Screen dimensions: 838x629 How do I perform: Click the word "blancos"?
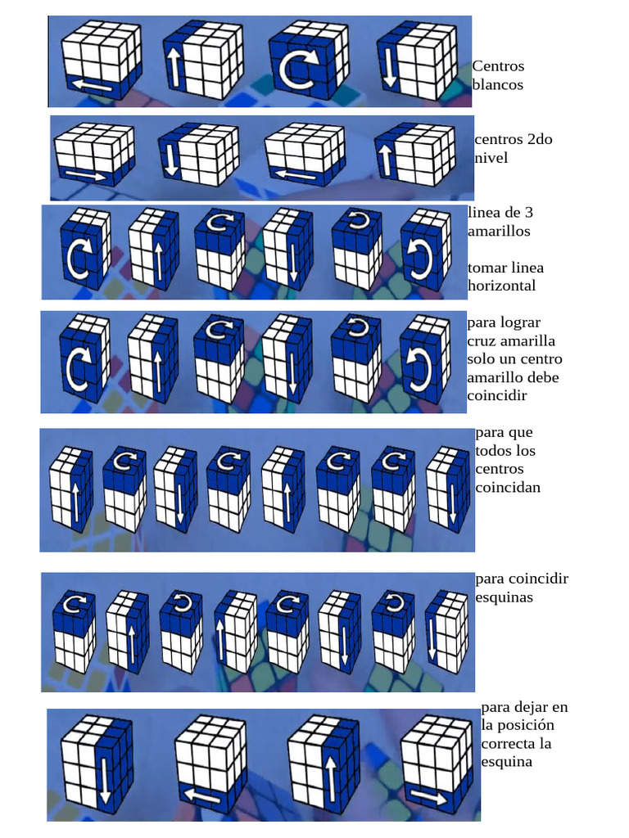point(497,84)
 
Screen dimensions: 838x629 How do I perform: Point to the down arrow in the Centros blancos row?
point(390,68)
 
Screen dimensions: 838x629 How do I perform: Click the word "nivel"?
point(491,157)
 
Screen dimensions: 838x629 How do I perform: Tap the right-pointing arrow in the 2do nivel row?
point(84,175)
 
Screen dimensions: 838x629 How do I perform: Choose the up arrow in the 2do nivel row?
point(386,159)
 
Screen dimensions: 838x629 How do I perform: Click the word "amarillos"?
point(498,231)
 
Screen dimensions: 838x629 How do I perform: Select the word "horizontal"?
point(501,286)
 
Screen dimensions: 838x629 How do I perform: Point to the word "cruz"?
point(483,340)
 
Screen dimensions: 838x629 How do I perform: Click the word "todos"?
point(492,451)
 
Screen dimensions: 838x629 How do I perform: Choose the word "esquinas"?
point(504,597)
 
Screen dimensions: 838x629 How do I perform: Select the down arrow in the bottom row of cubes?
point(105,780)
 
